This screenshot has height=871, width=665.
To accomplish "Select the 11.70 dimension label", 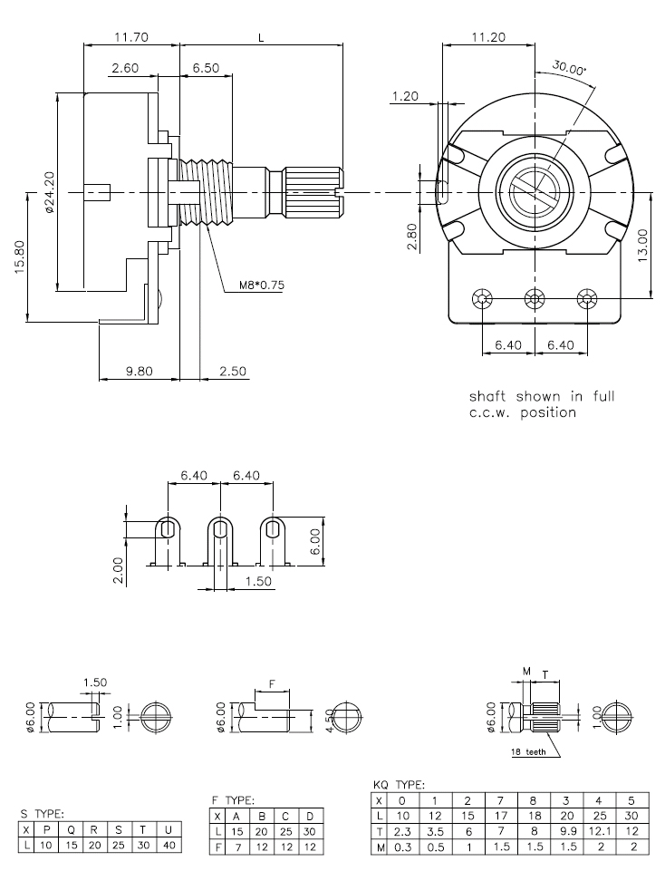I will coord(132,37).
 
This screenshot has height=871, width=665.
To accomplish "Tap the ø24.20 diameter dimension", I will coord(48,190).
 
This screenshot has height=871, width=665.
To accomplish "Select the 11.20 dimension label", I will coord(489,37).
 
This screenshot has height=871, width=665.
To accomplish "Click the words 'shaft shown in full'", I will coord(542,396).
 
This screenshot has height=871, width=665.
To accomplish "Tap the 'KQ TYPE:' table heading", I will coord(400,785).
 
